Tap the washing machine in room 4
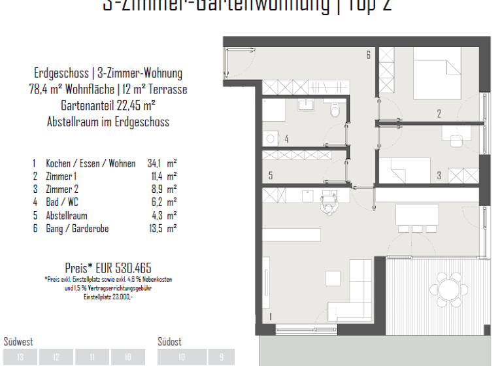pyautogui.click(x=271, y=138)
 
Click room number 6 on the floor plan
pyautogui.click(x=369, y=55)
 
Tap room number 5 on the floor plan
pyautogui.click(x=271, y=175)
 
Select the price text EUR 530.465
pyautogui.click(x=108, y=267)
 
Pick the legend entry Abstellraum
pyautogui.click(x=66, y=216)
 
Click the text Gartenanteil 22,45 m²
pyautogui.click(x=108, y=106)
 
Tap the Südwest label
pyautogui.click(x=18, y=342)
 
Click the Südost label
pyautogui.click(x=169, y=342)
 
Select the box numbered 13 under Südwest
pyautogui.click(x=20, y=357)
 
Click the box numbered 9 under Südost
pyautogui.click(x=221, y=357)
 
